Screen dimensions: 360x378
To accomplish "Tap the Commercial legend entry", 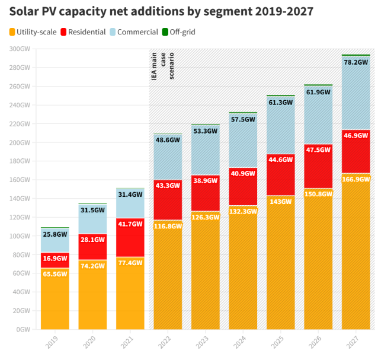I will (x=134, y=32).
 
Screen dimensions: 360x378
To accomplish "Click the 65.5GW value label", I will (x=55, y=274).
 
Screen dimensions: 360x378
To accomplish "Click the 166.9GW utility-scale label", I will (x=355, y=179).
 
